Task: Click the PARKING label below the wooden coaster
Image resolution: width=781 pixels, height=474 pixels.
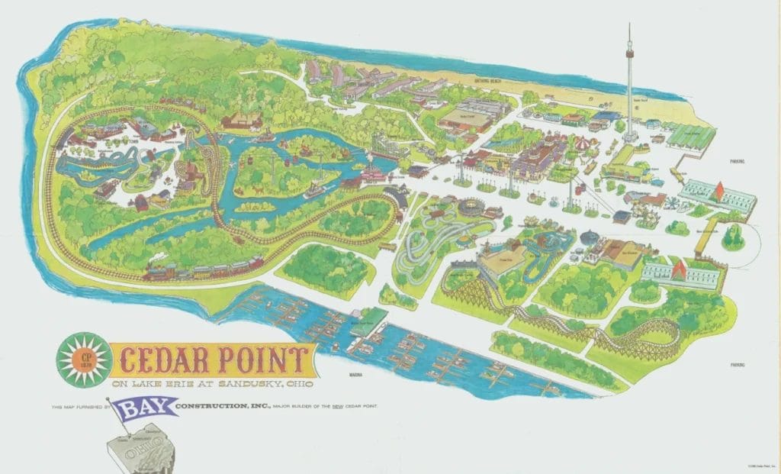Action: click(x=737, y=365)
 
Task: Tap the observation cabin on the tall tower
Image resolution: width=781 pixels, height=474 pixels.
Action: click(x=630, y=53)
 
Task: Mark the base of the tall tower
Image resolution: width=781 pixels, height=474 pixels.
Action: click(x=630, y=137)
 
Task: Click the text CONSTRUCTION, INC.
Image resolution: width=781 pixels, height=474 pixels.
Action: click(x=222, y=405)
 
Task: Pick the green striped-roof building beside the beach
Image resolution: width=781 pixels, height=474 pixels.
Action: click(x=690, y=136)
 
